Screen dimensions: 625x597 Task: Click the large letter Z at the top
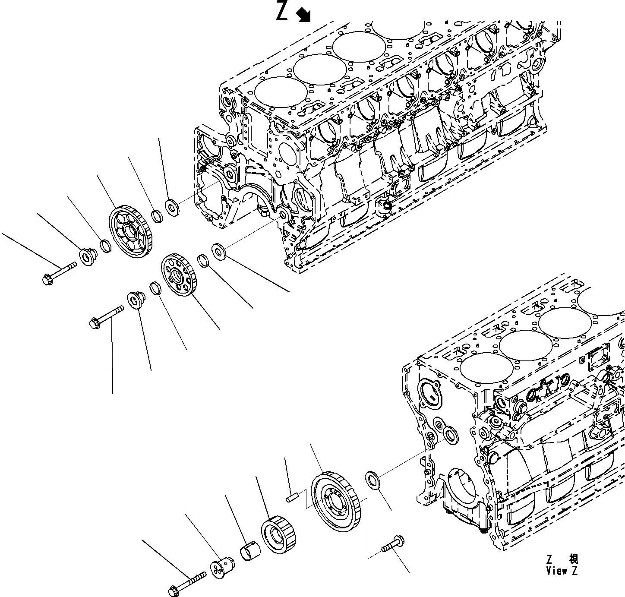(x=281, y=12)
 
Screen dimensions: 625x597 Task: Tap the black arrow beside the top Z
(x=304, y=15)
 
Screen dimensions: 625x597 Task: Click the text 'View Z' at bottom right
(x=561, y=571)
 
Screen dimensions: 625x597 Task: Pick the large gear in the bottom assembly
(x=336, y=501)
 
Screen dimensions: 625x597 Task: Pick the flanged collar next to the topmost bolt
(x=89, y=258)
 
